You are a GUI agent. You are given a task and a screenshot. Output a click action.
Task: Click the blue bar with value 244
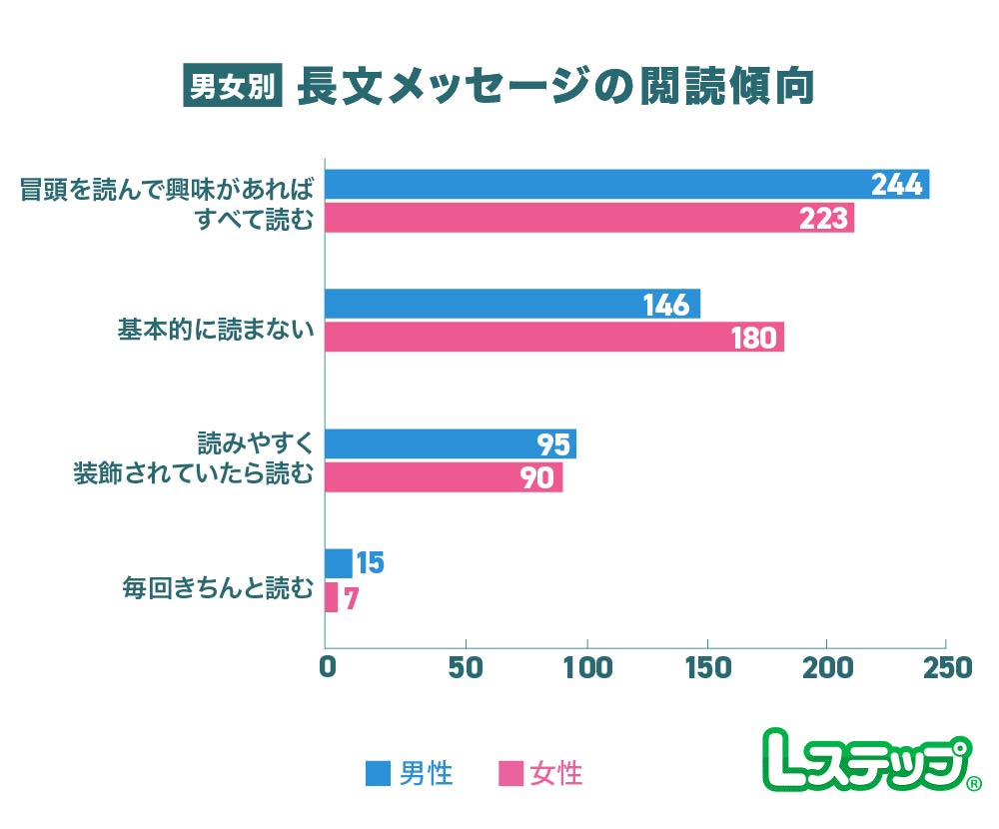point(626,185)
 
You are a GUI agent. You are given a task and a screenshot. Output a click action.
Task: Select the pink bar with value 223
point(589,218)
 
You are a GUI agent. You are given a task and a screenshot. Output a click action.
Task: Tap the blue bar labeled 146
point(512,305)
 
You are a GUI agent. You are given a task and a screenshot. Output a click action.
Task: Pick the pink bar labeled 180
point(554,338)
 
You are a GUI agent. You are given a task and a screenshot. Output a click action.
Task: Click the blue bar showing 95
point(451,444)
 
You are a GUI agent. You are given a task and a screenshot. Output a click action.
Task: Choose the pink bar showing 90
point(445,477)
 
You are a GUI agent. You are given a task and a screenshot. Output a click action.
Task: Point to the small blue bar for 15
point(339,563)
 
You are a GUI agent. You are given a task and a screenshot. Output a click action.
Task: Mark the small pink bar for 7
point(332,597)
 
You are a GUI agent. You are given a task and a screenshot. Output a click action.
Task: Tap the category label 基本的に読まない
point(215,329)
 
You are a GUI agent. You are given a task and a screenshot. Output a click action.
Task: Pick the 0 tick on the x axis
point(327,667)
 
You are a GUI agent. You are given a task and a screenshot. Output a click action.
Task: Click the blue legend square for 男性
point(378,773)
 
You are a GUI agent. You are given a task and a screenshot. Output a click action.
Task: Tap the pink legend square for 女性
point(510,773)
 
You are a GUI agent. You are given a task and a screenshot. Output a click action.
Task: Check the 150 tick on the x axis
point(706,667)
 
